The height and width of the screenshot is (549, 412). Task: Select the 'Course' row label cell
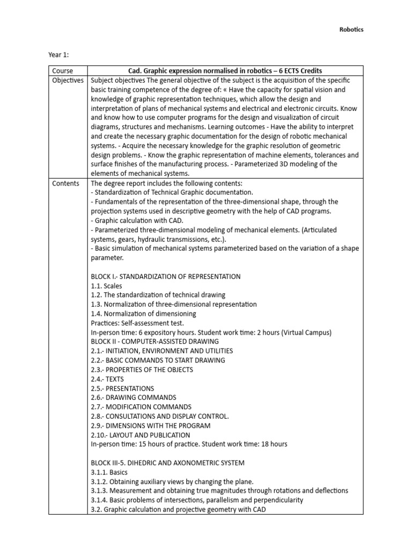click(x=63, y=71)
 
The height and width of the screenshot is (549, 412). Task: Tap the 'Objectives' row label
click(x=68, y=80)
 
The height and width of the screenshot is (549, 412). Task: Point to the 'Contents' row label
click(x=65, y=183)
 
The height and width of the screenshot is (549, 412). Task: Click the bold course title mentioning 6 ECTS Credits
click(x=225, y=71)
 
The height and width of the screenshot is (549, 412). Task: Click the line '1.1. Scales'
click(x=107, y=286)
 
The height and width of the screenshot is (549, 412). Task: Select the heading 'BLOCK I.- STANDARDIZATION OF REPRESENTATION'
click(x=166, y=277)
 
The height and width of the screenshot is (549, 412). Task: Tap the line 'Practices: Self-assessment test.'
click(x=137, y=323)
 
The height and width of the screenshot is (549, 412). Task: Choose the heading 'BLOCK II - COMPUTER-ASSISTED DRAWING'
click(x=155, y=342)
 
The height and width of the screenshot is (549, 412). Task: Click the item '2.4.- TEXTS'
click(x=107, y=379)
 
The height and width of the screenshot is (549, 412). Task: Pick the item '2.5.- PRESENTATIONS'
click(x=122, y=388)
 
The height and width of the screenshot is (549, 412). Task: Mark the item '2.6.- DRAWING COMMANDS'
click(x=134, y=397)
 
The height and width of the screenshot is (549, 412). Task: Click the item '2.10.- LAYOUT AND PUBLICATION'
click(x=140, y=435)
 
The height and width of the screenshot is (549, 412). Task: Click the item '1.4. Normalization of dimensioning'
click(x=144, y=314)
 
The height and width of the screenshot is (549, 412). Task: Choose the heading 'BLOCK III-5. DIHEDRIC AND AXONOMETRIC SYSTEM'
click(x=168, y=463)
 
